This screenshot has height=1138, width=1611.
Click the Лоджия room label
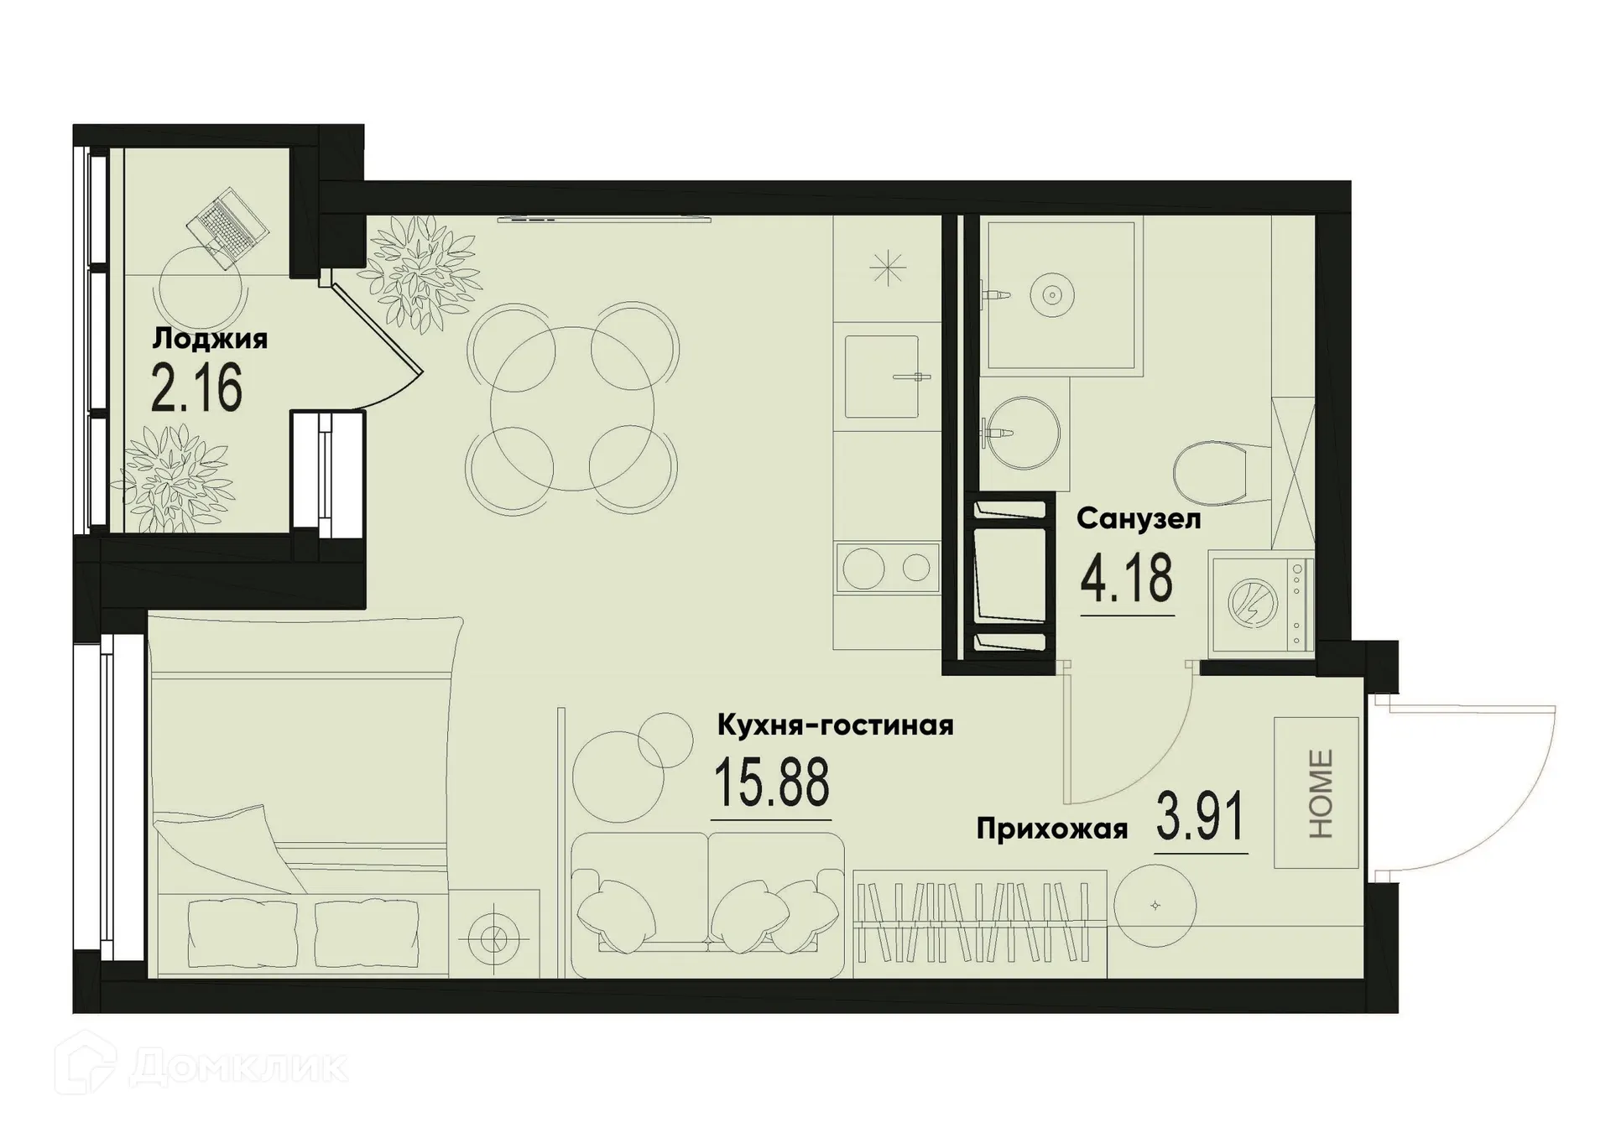tap(210, 339)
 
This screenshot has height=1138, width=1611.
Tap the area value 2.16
tap(197, 387)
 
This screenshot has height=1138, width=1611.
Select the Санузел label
tap(1139, 519)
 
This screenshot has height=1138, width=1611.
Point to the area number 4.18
tap(1126, 579)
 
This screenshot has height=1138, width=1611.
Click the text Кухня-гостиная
tap(835, 725)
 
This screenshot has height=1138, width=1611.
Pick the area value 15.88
tap(771, 782)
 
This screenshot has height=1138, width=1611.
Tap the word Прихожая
tap(1051, 830)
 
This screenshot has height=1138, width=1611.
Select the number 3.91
tap(1200, 818)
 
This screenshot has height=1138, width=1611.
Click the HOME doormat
tap(1316, 792)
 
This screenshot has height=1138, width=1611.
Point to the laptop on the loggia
tap(227, 228)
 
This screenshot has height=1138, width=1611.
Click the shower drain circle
tap(1051, 294)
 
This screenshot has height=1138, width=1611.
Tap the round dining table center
tap(572, 408)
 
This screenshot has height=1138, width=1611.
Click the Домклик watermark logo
tap(201, 1068)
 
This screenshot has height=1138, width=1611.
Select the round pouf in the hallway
tap(1155, 906)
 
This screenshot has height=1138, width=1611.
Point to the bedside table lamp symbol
tap(493, 935)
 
